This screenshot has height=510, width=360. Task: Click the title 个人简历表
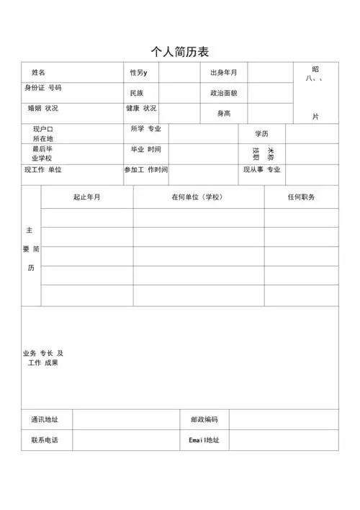pos(180,51)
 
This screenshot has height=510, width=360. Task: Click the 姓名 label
pos(38,73)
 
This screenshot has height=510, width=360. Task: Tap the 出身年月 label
pos(223,73)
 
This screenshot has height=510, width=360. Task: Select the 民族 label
pos(137,94)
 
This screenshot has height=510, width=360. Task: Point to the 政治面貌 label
pos(223,94)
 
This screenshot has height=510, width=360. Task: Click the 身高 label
pos(224,113)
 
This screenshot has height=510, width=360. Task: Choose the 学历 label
pos(261,134)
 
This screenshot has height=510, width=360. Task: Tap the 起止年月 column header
pos(87,197)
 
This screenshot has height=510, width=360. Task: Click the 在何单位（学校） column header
pos(197,197)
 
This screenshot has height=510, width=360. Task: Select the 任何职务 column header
pos(301,197)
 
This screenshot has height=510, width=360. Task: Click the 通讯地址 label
pos(45,419)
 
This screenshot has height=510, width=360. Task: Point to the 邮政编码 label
pos(204,419)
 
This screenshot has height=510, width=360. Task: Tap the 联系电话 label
pos(45,439)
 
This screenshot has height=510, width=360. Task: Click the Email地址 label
pos(204,439)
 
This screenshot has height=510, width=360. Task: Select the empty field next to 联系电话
pos(126,439)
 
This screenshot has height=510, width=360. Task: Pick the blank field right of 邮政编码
pos(284,419)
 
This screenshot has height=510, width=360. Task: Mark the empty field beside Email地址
pos(284,439)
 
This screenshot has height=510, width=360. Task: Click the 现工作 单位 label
pos(43,170)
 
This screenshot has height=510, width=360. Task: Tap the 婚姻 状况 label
pos(43,109)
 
